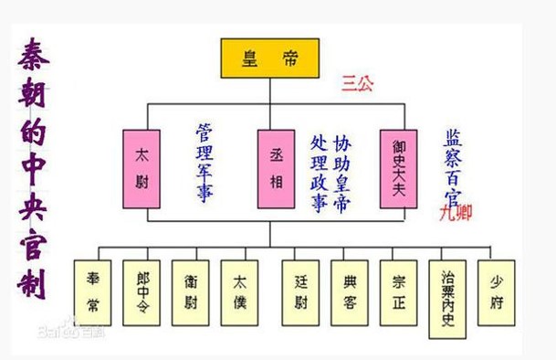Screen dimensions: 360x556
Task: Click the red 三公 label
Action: tap(359, 81)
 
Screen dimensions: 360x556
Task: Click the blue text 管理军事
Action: tap(206, 161)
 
